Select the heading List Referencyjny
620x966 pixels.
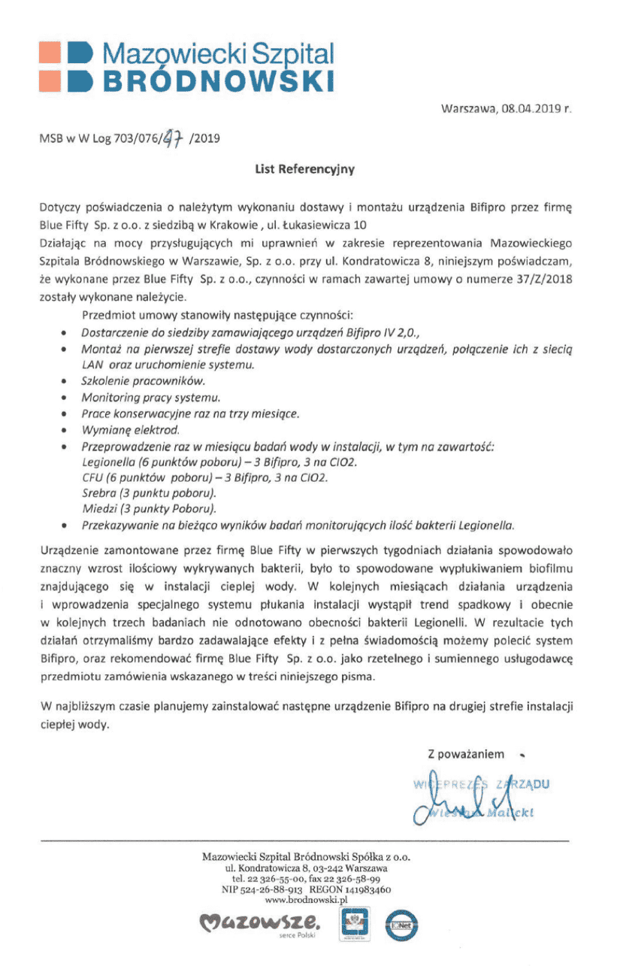[x=304, y=170]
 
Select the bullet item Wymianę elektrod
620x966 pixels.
[x=130, y=430]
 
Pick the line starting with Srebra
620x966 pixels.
[x=148, y=493]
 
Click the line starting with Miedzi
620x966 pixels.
[x=148, y=509]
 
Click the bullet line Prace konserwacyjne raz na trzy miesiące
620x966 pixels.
[x=189, y=413]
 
